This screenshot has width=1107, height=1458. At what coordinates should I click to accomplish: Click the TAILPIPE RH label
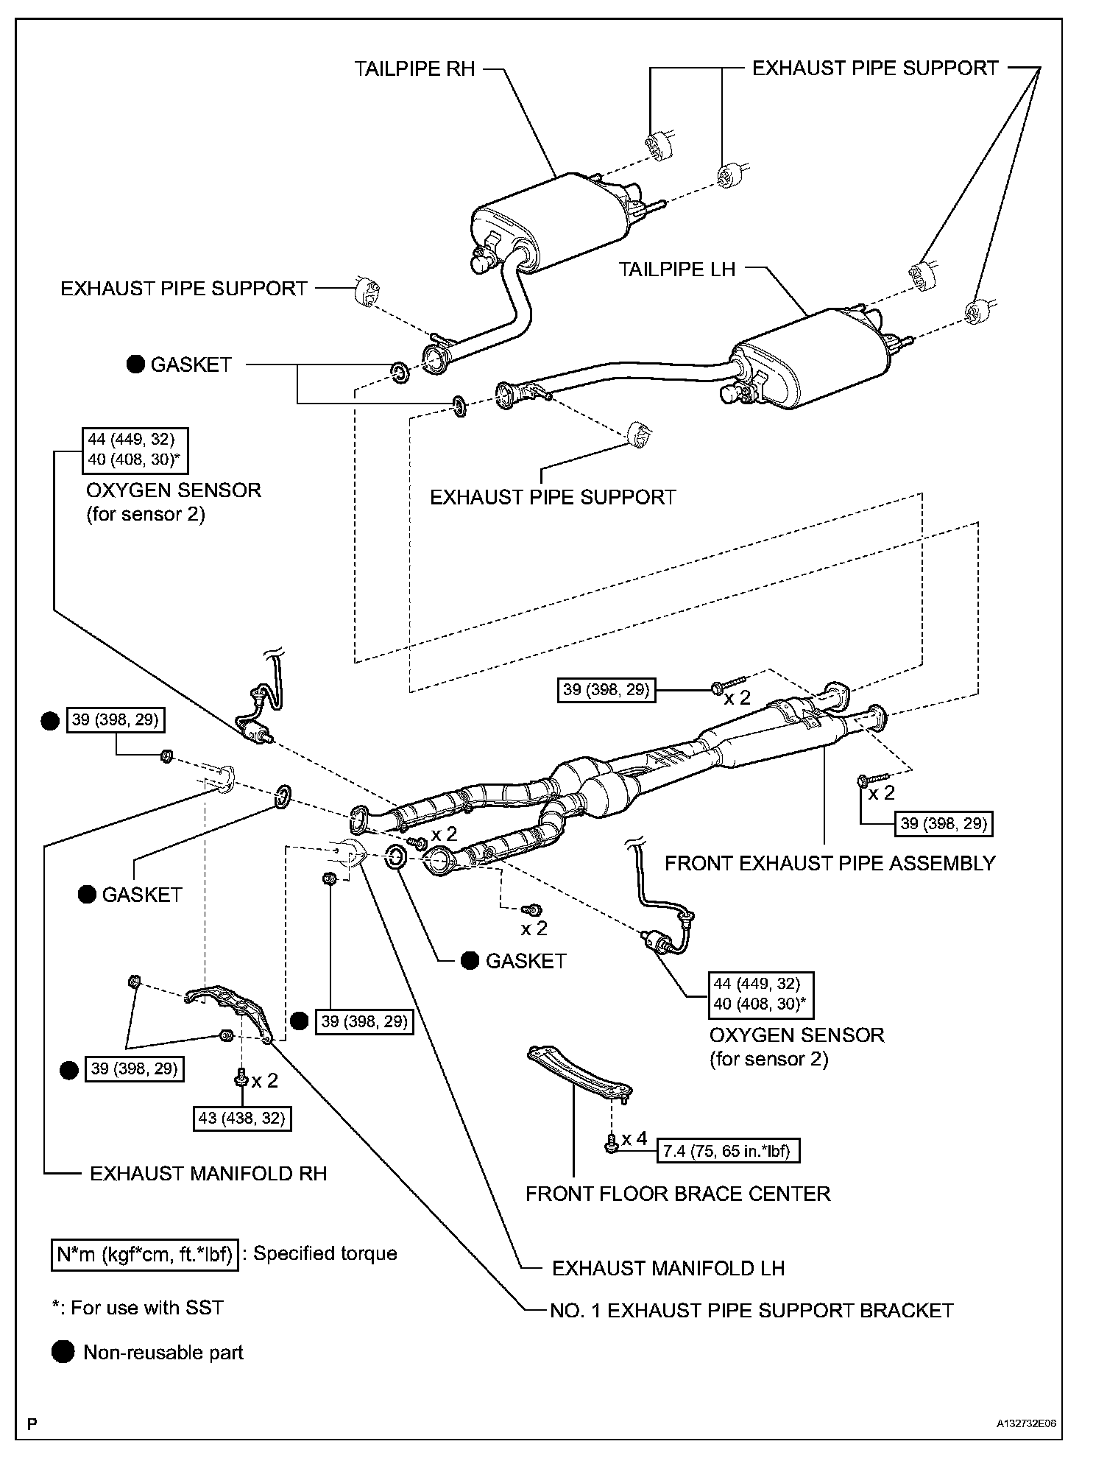point(414,69)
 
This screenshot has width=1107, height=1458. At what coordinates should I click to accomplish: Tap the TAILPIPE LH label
point(676,270)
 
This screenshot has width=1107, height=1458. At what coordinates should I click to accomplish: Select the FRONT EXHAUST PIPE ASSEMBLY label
point(830,863)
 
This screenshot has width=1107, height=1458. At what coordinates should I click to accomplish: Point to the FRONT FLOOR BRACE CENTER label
point(677,1194)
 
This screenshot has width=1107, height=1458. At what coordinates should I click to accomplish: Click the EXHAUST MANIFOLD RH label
point(208,1173)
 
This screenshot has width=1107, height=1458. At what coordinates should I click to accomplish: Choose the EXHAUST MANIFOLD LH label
point(668,1268)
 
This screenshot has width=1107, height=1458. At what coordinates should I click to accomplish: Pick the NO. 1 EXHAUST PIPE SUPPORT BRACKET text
point(751,1311)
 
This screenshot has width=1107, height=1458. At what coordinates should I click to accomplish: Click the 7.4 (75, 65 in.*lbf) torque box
point(727,1151)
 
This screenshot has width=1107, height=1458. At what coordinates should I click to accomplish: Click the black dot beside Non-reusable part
point(63,1352)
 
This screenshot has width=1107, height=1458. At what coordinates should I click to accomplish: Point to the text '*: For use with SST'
point(138,1308)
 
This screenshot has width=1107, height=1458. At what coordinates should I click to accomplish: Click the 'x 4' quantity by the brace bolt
point(634,1138)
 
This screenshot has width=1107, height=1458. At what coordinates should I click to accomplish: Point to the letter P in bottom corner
point(32,1424)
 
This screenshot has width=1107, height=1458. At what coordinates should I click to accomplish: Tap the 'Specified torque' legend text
point(325,1254)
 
